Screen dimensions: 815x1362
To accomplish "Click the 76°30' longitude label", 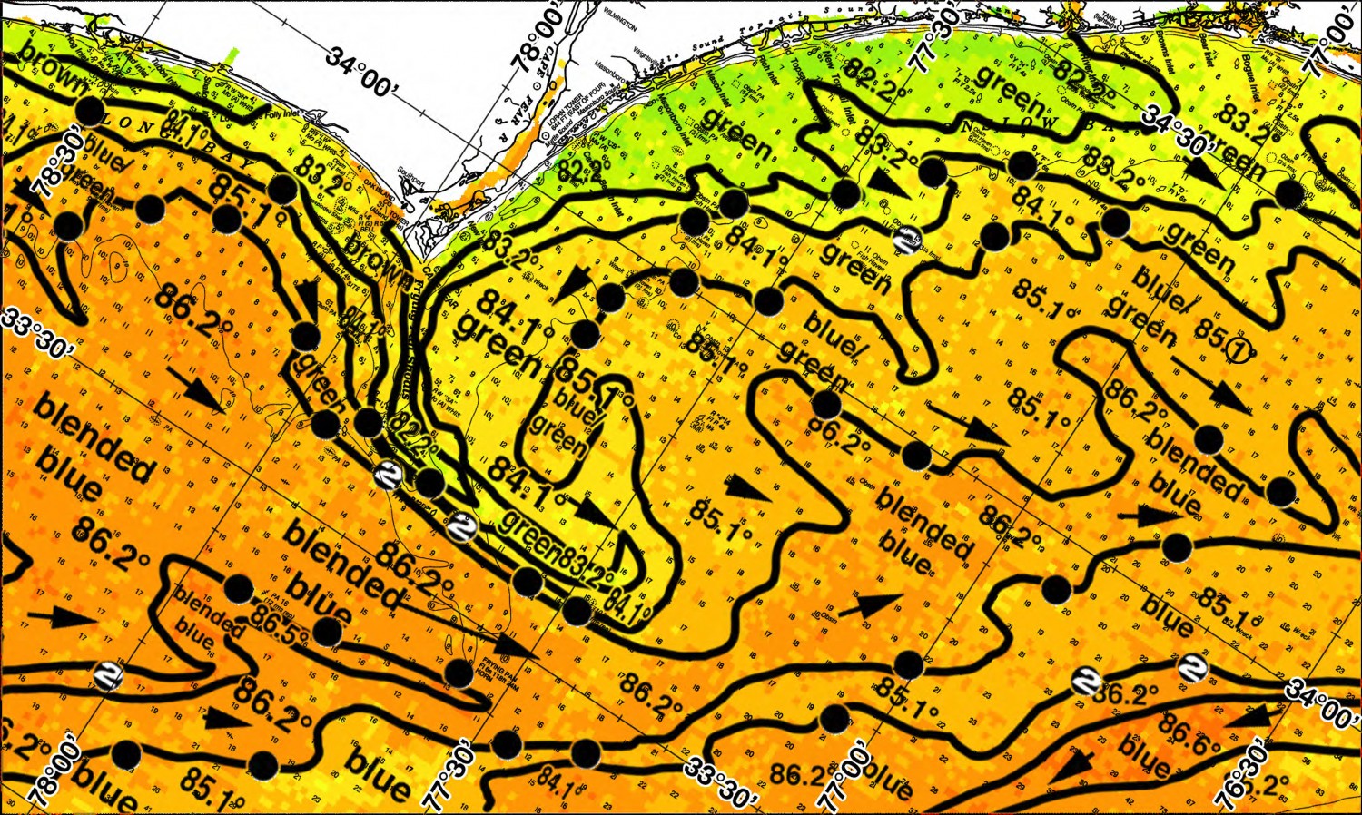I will click(x=1240, y=777).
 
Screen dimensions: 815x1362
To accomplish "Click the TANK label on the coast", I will click(x=1107, y=17).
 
